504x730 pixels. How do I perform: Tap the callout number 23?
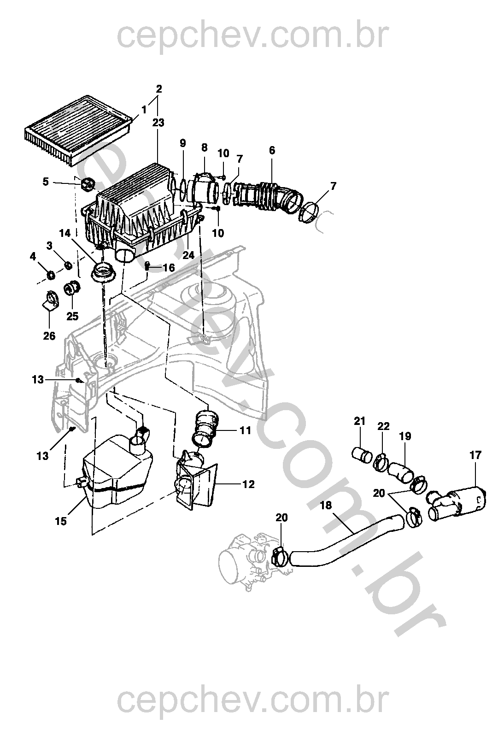(x=159, y=123)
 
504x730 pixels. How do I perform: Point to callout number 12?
(x=248, y=484)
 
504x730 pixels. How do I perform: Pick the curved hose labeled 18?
(x=350, y=537)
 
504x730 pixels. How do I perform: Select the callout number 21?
(x=360, y=420)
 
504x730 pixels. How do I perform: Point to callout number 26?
(x=49, y=336)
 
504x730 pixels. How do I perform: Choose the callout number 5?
(x=45, y=182)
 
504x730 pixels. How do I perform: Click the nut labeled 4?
(x=51, y=275)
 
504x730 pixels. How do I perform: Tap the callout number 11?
(x=245, y=430)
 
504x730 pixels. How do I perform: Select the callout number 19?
(x=406, y=436)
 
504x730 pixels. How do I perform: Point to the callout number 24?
(x=188, y=255)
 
